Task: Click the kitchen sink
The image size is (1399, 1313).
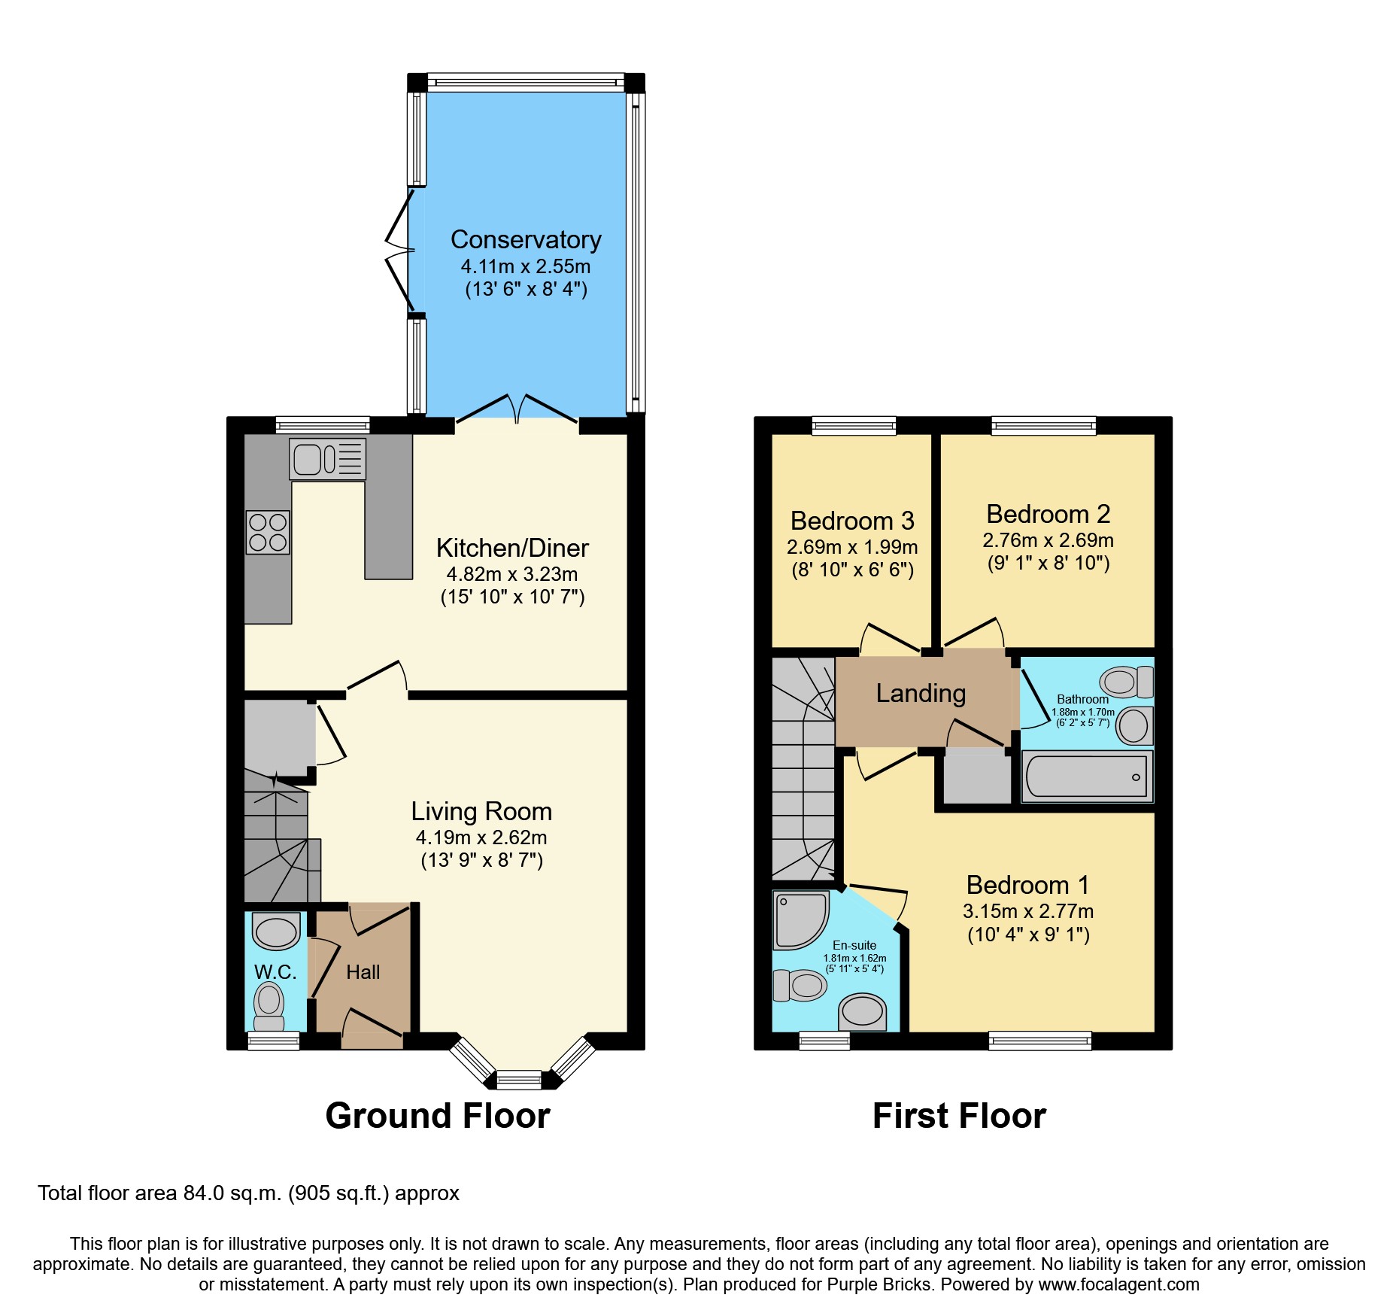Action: [327, 459]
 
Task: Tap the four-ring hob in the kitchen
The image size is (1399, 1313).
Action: [268, 532]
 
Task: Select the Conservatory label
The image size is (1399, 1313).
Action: [526, 239]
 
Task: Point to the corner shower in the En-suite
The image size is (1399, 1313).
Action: [800, 919]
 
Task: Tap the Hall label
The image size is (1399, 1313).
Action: [363, 972]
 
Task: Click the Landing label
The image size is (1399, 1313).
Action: [921, 693]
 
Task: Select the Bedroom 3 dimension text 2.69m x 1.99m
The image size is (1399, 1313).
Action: [852, 547]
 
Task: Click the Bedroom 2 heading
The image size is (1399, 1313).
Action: [1048, 514]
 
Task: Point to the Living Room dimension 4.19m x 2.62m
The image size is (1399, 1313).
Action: [481, 837]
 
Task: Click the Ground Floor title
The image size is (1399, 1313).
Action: [438, 1115]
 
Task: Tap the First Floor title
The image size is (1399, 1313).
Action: [959, 1115]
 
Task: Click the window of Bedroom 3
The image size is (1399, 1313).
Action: [854, 426]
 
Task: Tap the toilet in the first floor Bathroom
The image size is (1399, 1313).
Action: [1126, 682]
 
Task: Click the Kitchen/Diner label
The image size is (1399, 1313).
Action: [512, 548]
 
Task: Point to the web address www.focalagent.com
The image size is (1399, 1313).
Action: [1118, 1284]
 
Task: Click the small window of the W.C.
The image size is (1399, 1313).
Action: [274, 1041]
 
